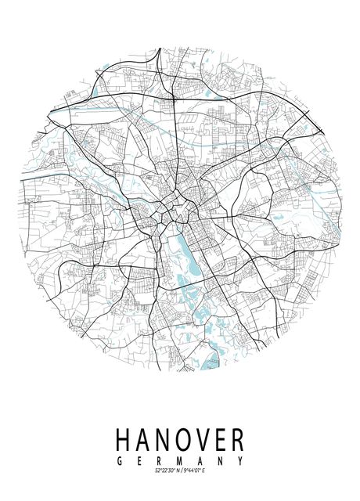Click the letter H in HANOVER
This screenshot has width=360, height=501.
click(123, 439)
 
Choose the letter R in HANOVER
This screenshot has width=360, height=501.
click(238, 439)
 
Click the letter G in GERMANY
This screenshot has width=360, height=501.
click(119, 461)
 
